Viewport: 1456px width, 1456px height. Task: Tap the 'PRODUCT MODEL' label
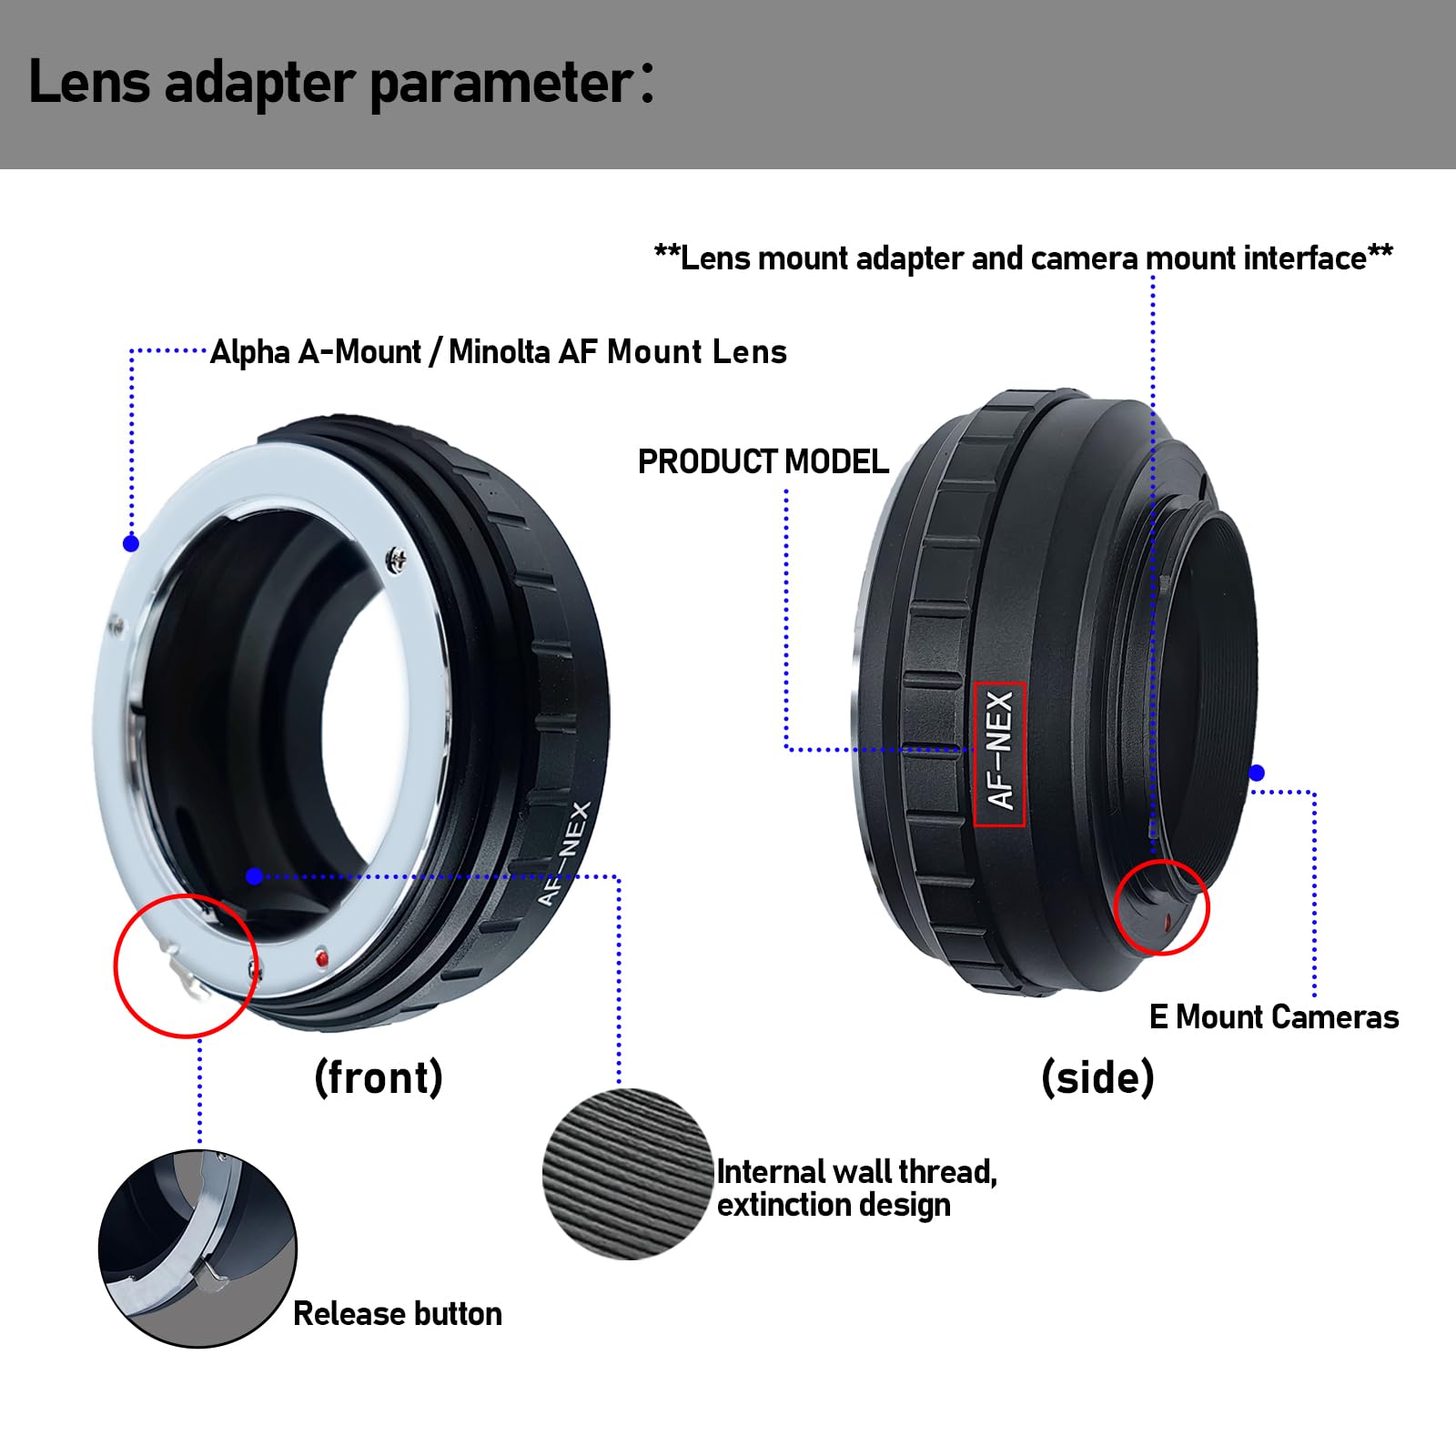click(x=763, y=462)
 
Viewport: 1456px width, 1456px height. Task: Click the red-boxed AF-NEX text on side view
click(x=1000, y=753)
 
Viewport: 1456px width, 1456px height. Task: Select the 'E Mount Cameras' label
click(x=1274, y=1016)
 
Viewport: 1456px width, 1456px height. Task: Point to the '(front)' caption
click(x=379, y=1077)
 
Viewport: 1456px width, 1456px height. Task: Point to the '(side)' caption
click(x=1098, y=1077)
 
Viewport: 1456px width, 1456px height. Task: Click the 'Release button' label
click(x=398, y=1314)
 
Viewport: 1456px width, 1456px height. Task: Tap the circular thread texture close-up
click(x=628, y=1174)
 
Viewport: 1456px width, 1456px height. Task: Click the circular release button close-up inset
click(x=197, y=1249)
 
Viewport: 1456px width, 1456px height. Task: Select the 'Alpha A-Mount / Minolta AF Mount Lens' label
click(x=499, y=352)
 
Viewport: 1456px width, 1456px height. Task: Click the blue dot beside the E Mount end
click(x=1257, y=773)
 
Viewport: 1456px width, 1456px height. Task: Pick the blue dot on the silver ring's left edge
click(x=131, y=543)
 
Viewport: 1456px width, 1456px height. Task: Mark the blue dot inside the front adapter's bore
click(x=255, y=876)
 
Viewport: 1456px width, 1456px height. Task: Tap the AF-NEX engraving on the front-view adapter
click(x=564, y=854)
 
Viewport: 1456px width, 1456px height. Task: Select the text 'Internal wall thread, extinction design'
click(x=856, y=1188)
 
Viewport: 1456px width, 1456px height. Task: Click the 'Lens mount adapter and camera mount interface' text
click(x=1024, y=258)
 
